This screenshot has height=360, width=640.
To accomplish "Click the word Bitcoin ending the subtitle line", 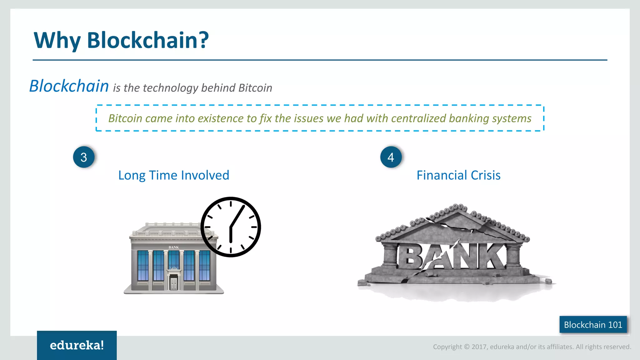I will [255, 88].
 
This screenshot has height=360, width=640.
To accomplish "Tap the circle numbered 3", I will [84, 157].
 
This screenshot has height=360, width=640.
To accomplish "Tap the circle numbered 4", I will [391, 157].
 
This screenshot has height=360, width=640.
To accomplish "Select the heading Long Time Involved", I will [174, 175].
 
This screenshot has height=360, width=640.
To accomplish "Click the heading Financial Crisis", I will [458, 175].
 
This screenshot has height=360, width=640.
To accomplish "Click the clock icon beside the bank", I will [231, 227].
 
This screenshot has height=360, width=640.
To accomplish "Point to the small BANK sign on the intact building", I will [174, 247].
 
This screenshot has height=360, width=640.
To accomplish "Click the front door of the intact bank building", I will [173, 283].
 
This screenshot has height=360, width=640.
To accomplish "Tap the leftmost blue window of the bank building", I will [143, 266].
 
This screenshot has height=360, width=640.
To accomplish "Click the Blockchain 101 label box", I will [593, 325].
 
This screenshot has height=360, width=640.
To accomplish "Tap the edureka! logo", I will [77, 345].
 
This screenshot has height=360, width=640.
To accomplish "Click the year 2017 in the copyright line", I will [479, 347].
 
